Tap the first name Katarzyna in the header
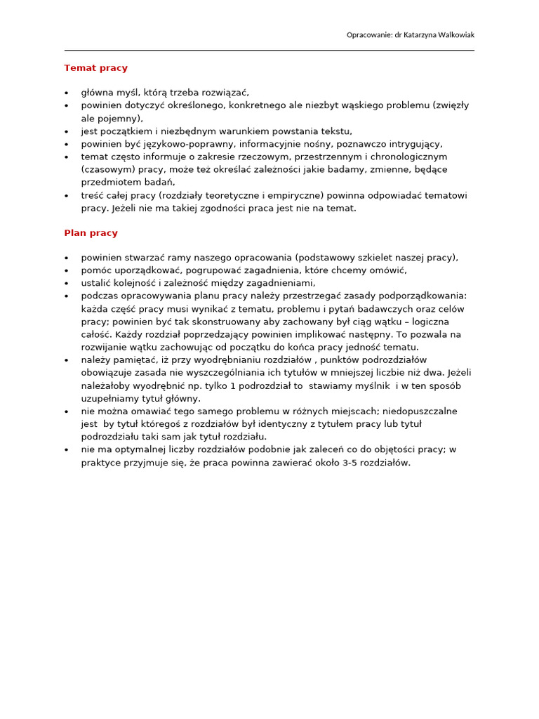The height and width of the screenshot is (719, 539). click(x=412, y=35)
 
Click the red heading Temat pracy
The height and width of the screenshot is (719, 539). click(x=95, y=68)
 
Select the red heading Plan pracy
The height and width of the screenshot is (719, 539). click(x=91, y=233)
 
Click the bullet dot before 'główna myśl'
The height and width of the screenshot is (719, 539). click(x=67, y=93)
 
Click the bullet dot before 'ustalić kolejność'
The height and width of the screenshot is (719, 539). click(x=67, y=283)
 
